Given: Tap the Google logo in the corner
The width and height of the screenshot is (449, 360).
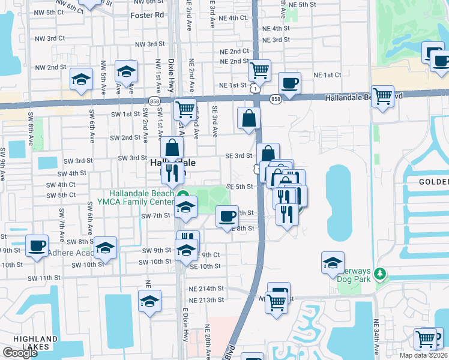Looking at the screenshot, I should (x=20, y=353).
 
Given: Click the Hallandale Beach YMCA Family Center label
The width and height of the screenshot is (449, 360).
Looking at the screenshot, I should (x=142, y=197).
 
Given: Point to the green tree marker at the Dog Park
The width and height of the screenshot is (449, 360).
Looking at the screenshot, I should (x=379, y=274).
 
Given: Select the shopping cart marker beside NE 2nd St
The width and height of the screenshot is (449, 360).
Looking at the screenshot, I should (x=259, y=70).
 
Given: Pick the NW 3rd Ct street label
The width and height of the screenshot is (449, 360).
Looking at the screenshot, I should (x=50, y=38).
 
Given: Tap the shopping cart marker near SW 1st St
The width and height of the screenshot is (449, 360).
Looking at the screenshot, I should (x=185, y=109).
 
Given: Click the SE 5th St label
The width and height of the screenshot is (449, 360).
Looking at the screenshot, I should (x=238, y=187).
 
